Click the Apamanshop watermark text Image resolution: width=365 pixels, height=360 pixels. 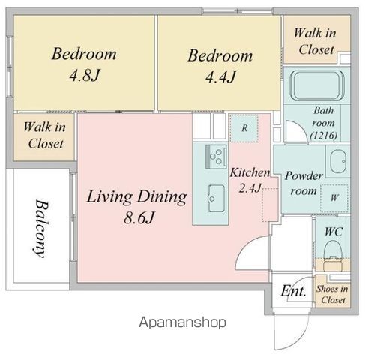coord(182,322)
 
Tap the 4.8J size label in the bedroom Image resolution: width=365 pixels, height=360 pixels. coord(85,75)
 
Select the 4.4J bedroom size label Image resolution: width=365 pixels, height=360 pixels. coord(220,76)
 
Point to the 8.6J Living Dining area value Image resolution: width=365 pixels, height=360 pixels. coord(139,217)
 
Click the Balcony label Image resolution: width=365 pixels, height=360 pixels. coord(40,228)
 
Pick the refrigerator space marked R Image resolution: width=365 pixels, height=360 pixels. coord(244,128)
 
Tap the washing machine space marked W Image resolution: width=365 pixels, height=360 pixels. coord(334,198)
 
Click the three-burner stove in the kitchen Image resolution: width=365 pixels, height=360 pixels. coord(217,157)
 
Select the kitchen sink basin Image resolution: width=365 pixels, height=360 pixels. coord(216,198)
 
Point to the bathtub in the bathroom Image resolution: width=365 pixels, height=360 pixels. coord(318,85)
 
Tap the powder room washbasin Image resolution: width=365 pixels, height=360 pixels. coord(338,161)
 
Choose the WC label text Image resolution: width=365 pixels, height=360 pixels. coord(334,232)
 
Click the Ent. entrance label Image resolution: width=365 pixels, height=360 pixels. coord(293,291)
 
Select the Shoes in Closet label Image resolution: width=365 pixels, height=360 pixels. coord(332,294)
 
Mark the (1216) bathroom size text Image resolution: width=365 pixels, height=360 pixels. coord(323,136)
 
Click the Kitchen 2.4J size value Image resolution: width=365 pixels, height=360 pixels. coord(250,187)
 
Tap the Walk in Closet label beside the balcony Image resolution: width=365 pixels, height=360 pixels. coord(45,135)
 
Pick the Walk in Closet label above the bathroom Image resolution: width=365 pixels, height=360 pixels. coord(316,41)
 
